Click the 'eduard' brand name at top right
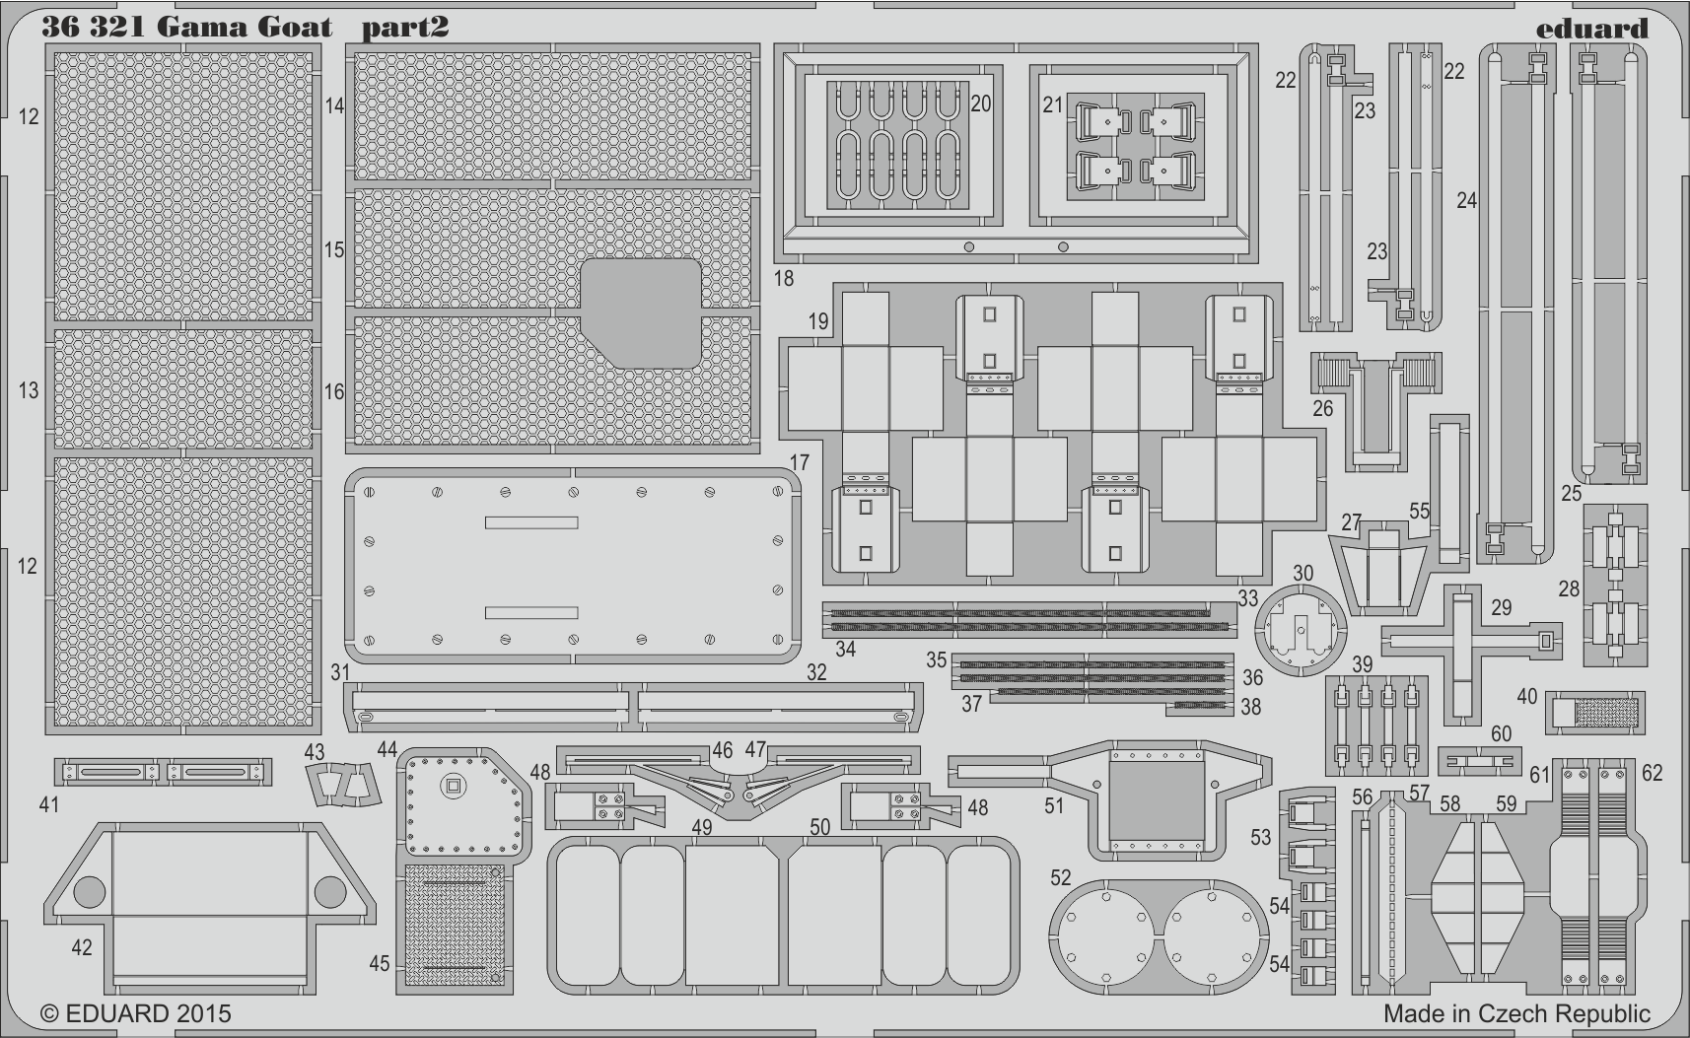(x=1592, y=29)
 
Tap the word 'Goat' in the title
(x=294, y=28)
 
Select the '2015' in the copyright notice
(x=204, y=1013)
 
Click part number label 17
(x=799, y=462)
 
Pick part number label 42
(x=82, y=947)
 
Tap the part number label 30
(x=1303, y=574)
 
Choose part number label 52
(x=1060, y=877)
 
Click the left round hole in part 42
(x=89, y=892)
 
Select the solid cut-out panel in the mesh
(x=641, y=313)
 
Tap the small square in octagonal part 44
(x=453, y=787)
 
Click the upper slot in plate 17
(x=531, y=522)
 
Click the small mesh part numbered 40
(x=1595, y=713)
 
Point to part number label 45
(x=380, y=963)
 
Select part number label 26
(x=1322, y=409)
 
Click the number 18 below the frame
(x=783, y=278)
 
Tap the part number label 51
(x=1054, y=805)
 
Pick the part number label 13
(x=28, y=390)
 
